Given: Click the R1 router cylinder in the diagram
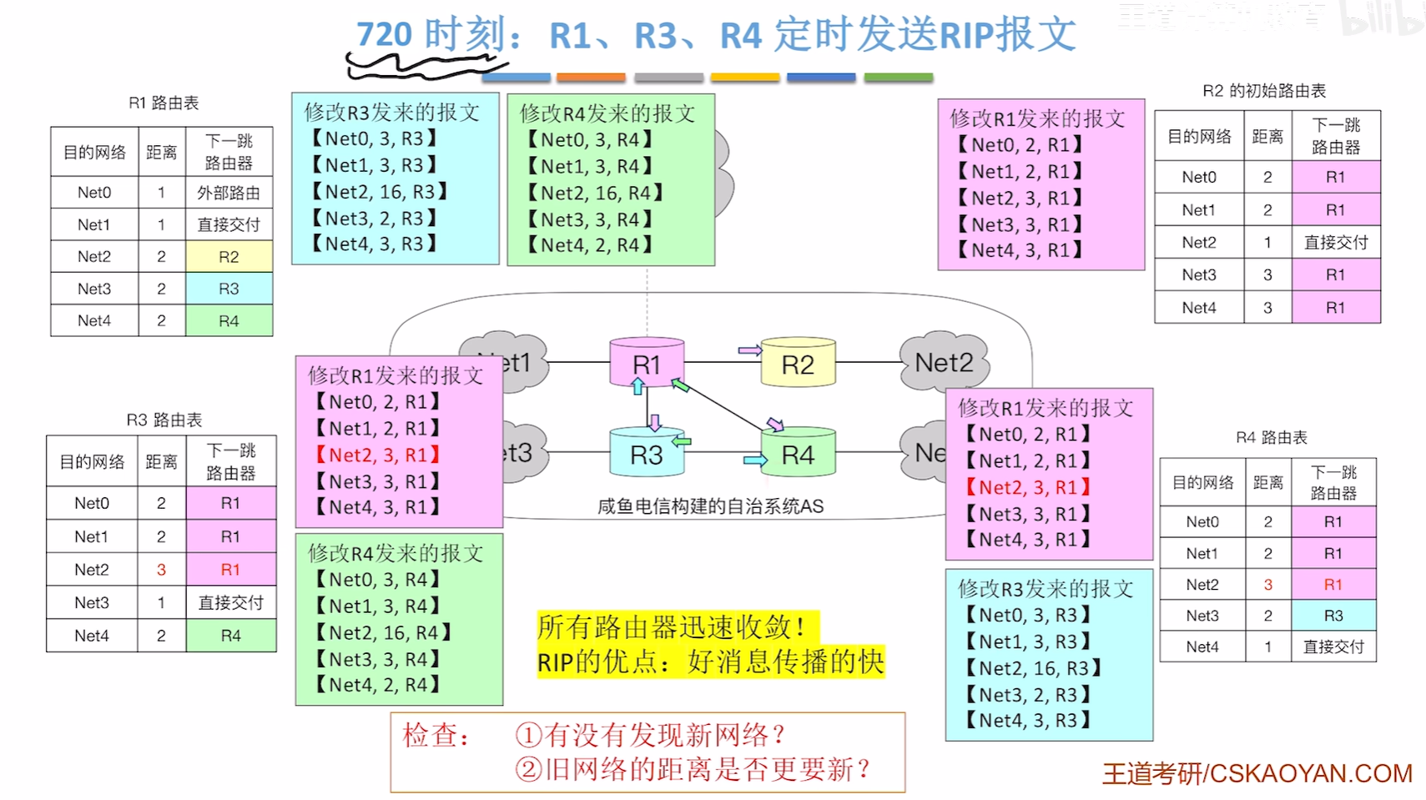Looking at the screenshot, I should [647, 364].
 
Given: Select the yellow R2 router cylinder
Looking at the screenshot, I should [798, 365].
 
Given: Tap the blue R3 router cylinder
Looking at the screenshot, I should [647, 455].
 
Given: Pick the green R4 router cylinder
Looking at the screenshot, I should [798, 455].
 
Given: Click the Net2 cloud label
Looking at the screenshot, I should [944, 363].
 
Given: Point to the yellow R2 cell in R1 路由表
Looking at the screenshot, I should [229, 257].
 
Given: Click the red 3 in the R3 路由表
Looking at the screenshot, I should [161, 570].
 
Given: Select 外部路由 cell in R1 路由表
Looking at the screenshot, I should [229, 193].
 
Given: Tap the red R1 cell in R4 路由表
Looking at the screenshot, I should [1333, 585].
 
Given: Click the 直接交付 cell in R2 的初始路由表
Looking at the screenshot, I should [1335, 243].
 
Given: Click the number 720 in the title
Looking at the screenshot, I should [385, 35].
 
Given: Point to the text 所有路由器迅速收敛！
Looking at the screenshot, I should [672, 626].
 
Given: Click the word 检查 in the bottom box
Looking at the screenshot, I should [431, 735].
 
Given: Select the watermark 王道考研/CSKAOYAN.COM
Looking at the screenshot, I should [1257, 773].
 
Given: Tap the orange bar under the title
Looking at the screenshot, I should [591, 78].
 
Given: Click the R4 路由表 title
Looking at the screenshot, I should [1271, 437].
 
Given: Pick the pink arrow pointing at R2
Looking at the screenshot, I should [749, 350].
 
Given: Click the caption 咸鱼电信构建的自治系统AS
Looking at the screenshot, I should [710, 506].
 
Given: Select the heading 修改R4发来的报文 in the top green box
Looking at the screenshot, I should [607, 113].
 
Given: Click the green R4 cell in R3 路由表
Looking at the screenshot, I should [230, 636].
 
